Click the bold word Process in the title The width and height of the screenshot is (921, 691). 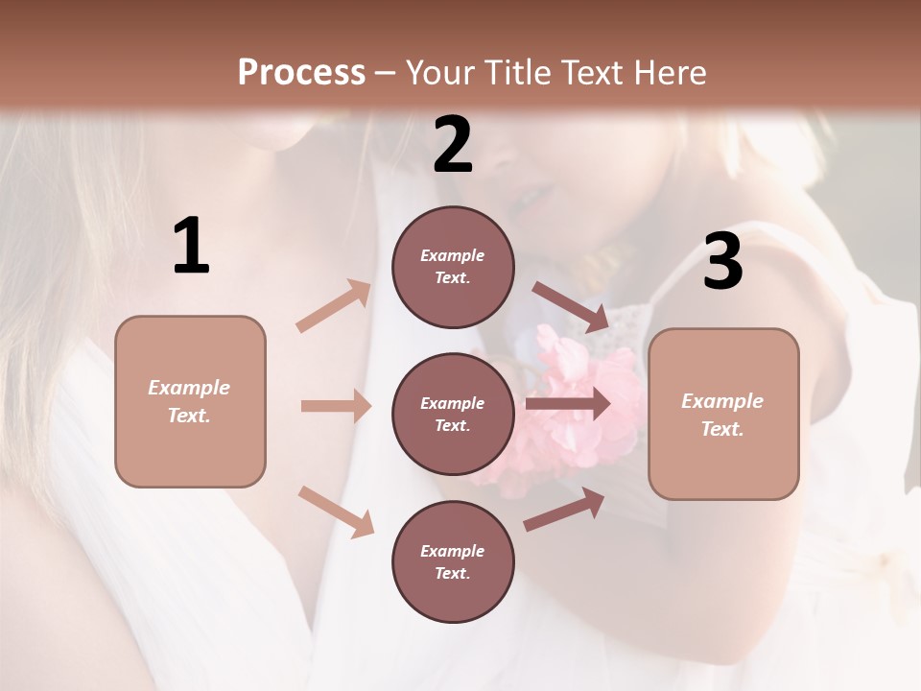pyautogui.click(x=301, y=72)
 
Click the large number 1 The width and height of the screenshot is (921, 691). pyautogui.click(x=190, y=246)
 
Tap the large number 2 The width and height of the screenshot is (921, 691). pyautogui.click(x=453, y=145)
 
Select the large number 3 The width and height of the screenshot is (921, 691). pyautogui.click(x=722, y=261)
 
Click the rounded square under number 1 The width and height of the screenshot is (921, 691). pyautogui.click(x=190, y=401)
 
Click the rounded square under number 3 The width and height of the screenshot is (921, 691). pyautogui.click(x=723, y=415)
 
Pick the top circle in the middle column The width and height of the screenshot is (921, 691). pyautogui.click(x=453, y=267)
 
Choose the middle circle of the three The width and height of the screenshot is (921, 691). pyautogui.click(x=453, y=415)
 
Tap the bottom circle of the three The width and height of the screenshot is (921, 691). pyautogui.click(x=453, y=562)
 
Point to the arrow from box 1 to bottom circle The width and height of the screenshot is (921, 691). pyautogui.click(x=336, y=512)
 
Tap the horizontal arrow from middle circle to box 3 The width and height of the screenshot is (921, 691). pyautogui.click(x=568, y=403)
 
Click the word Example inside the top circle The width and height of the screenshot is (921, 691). pyautogui.click(x=453, y=255)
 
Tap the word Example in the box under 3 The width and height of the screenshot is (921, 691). pyautogui.click(x=722, y=401)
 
